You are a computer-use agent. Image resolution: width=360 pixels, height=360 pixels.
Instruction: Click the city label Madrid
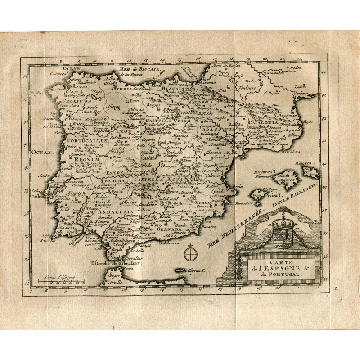pos(148,158)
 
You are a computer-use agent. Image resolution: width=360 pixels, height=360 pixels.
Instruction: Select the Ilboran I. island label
pos(197,272)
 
